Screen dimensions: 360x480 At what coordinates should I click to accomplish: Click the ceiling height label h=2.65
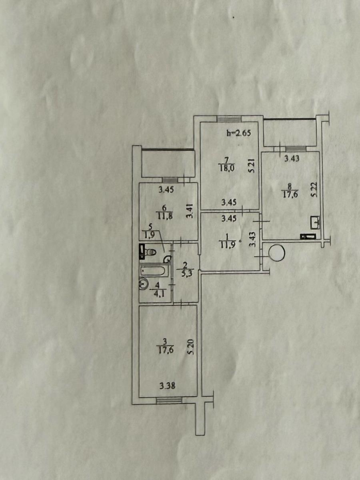click(238, 133)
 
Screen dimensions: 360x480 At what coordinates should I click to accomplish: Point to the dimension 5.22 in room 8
click(314, 190)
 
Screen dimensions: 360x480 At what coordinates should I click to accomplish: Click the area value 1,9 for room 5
click(150, 235)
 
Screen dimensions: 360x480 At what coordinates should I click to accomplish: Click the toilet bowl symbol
click(151, 252)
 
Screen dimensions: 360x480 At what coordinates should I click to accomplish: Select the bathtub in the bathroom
click(155, 271)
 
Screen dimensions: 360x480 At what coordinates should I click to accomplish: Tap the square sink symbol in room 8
click(315, 222)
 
